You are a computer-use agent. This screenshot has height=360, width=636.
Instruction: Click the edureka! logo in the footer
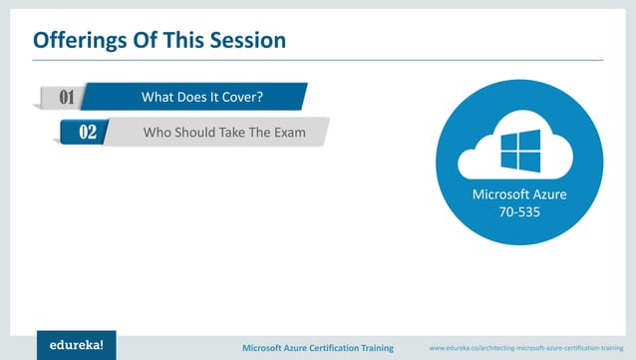coord(77,343)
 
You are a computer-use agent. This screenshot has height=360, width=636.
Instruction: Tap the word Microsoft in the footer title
coord(266,347)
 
